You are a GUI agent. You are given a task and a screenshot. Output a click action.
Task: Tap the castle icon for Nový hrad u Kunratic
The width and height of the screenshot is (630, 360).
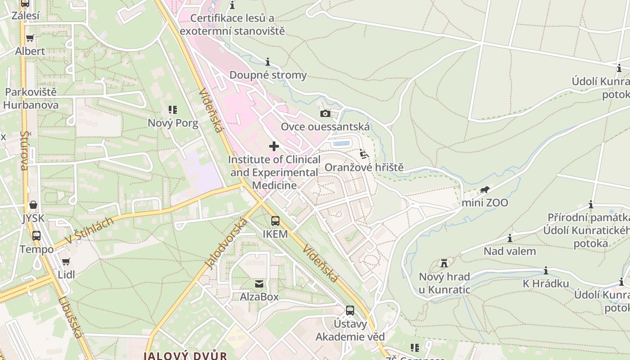444,263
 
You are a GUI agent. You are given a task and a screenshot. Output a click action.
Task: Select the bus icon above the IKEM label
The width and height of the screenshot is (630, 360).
275,221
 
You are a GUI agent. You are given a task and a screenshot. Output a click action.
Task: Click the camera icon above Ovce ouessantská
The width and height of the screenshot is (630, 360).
325,113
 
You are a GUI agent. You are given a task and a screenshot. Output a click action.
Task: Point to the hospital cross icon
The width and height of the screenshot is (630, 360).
274,146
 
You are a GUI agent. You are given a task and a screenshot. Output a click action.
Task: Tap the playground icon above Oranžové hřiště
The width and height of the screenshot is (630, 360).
364,154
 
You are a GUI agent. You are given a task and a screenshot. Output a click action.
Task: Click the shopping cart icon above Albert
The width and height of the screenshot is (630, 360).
30,38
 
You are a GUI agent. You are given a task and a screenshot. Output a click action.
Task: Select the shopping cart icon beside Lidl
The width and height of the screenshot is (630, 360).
66,261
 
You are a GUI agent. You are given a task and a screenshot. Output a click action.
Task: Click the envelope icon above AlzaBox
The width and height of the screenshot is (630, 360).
259,284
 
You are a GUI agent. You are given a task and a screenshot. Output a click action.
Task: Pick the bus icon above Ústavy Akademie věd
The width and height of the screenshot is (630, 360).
350,310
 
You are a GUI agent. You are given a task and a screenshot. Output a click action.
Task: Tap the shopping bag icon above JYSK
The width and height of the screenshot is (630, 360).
33,205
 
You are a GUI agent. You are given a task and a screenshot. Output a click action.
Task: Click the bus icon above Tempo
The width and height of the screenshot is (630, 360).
36,236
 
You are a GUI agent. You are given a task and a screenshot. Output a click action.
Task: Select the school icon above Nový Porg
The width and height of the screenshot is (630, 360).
173,110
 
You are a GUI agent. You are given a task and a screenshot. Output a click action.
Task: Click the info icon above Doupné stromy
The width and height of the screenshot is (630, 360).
268,62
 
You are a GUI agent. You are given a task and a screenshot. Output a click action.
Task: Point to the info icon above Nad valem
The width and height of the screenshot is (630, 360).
510,238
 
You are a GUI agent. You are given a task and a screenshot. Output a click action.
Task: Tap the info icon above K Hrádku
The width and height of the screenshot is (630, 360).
545,270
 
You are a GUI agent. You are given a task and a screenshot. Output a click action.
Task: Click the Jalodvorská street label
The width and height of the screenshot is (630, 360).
226,243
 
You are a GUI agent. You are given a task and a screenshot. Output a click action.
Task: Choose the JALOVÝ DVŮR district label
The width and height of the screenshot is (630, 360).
185,355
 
